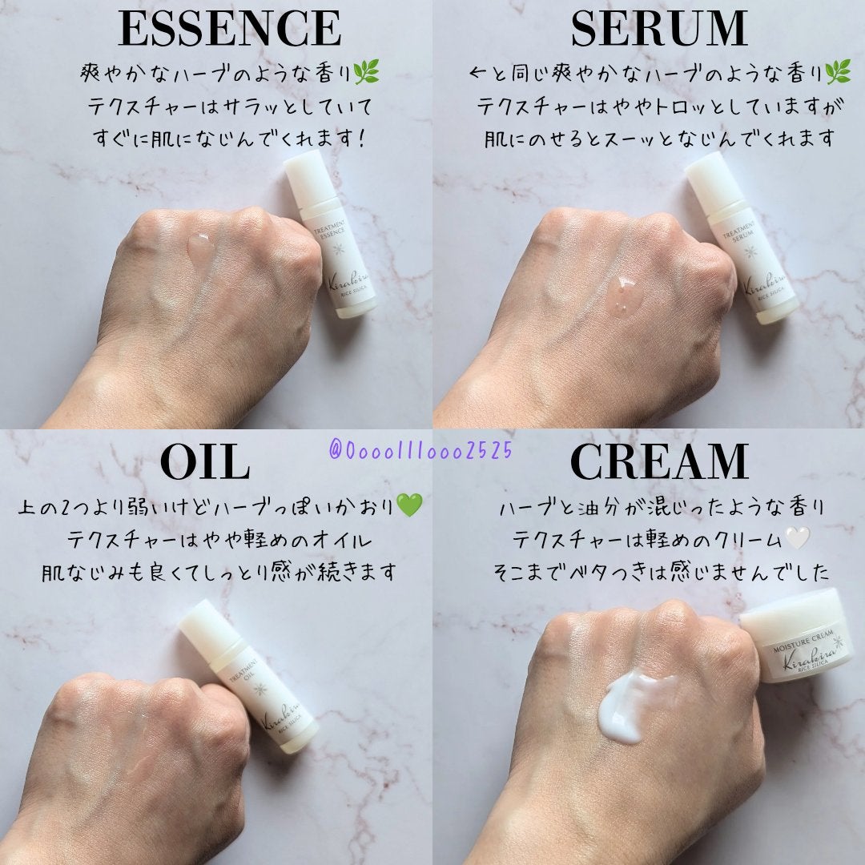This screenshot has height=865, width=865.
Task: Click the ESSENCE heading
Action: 230,29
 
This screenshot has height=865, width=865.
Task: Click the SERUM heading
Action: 658,29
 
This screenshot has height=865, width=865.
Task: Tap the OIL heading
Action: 205,462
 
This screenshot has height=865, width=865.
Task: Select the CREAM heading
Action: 658,462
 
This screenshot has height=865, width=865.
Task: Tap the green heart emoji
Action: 408,505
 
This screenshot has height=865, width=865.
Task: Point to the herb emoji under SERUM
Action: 838,74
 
